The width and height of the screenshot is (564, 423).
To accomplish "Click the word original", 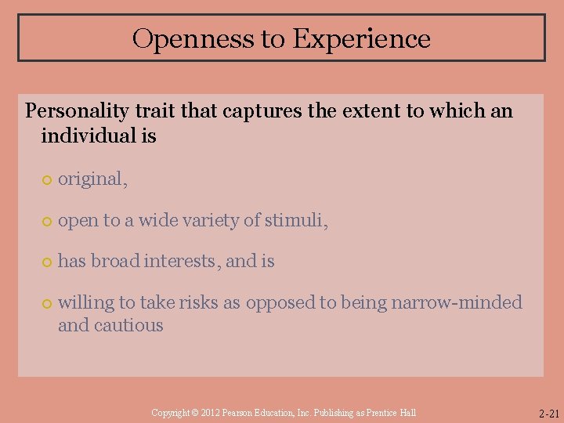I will (90, 179).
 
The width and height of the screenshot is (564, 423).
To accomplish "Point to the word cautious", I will (128, 325).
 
